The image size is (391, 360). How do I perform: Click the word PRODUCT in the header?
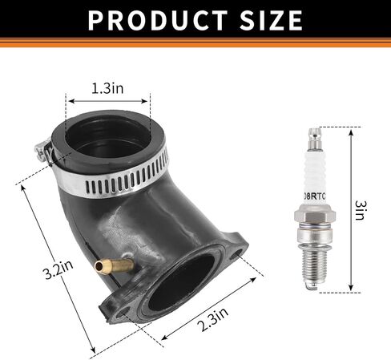tap(158, 21)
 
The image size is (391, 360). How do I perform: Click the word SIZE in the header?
tap(271, 21)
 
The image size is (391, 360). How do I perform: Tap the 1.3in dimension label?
tap(107, 88)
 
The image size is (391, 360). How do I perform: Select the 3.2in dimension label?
tap(58, 270)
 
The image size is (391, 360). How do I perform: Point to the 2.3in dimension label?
tap(212, 319)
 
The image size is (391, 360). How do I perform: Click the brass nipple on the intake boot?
tap(114, 265)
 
